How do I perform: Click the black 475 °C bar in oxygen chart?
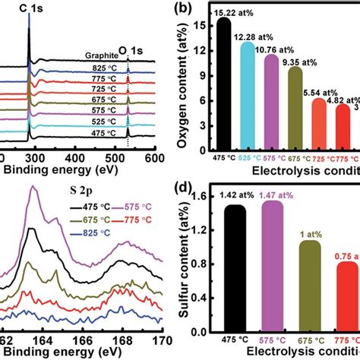224,84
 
